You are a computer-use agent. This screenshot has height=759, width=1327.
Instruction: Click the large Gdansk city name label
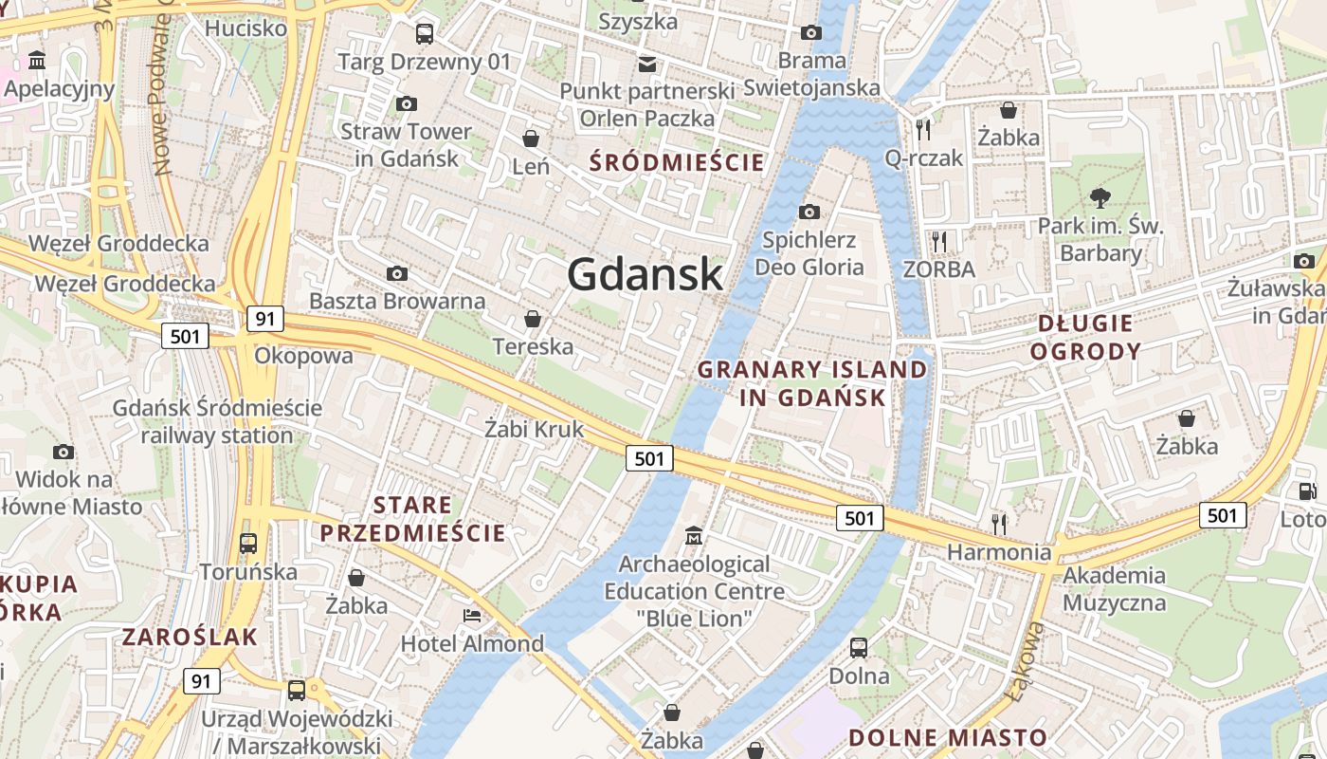(645, 274)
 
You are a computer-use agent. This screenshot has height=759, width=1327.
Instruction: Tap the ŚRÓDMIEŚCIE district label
(676, 161)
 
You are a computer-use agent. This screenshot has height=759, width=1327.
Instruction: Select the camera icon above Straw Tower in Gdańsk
(407, 103)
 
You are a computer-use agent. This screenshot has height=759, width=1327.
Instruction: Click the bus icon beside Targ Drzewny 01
(425, 34)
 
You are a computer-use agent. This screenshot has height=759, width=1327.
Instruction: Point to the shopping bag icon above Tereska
(533, 319)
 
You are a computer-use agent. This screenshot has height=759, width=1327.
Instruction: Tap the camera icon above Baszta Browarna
(397, 273)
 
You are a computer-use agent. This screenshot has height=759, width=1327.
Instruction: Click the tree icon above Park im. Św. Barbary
(1100, 198)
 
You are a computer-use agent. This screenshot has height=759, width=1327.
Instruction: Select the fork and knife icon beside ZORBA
(939, 241)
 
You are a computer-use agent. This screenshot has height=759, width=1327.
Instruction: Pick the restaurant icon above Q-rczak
(923, 129)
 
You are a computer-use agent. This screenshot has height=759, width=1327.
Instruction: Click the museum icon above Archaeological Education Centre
(694, 536)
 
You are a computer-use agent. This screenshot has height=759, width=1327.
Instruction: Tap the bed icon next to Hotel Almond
(472, 616)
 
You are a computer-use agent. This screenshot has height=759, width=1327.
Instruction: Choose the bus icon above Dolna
(859, 648)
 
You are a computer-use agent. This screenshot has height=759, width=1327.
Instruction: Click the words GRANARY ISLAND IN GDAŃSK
(812, 383)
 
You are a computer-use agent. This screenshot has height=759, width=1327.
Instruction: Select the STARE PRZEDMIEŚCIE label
(412, 518)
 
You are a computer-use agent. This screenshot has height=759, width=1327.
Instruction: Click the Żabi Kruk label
(535, 429)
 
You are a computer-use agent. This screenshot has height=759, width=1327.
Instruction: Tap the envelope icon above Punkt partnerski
(647, 64)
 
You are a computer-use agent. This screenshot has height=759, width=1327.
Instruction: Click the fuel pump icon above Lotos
(1307, 491)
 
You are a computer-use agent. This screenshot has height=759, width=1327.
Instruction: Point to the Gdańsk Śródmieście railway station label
(217, 422)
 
